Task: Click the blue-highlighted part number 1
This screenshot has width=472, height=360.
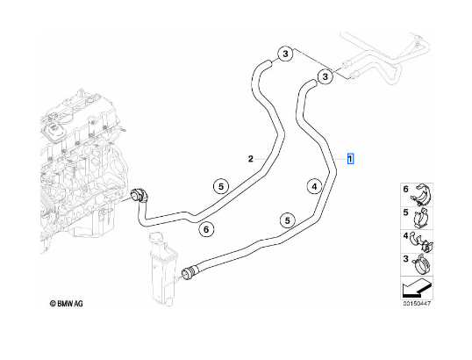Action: coord(350,158)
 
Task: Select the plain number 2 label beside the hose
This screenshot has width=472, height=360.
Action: coord(251,159)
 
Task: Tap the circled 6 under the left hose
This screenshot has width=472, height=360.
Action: coord(206,230)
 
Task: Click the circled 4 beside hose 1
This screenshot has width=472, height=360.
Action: coord(314,187)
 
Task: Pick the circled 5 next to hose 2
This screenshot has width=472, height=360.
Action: coord(221,186)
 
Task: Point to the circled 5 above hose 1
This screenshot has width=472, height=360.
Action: coord(288,220)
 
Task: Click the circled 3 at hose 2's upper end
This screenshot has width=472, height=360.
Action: coord(285,54)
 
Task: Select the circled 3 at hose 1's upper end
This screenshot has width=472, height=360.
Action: coord(325,76)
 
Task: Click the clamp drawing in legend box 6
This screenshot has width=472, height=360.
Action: coord(421,195)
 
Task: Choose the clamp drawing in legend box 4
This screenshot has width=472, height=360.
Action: coord(422,241)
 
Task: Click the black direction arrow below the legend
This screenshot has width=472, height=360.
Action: coord(416,288)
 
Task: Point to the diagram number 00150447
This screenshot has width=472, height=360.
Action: coord(417,303)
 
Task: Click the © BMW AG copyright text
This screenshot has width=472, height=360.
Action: coord(66,303)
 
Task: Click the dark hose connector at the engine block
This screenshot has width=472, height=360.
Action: coord(139,195)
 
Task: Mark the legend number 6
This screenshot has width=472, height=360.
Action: coord(406,189)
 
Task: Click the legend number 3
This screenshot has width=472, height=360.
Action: coord(406,259)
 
